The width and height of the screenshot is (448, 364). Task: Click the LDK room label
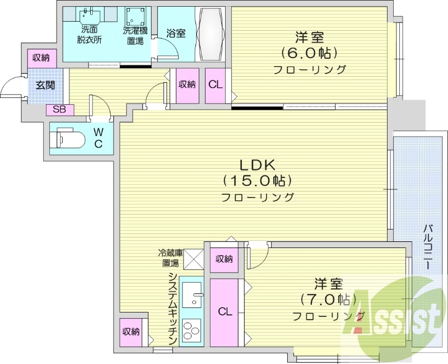[x=257, y=166]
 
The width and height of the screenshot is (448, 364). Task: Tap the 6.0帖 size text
[x=309, y=54]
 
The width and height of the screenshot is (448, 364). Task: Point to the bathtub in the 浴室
[x=211, y=35]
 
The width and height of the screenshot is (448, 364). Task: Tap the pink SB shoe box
[x=59, y=110]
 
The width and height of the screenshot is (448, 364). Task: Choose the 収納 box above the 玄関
[x=41, y=58]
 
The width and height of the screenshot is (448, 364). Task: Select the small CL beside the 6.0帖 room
[x=216, y=85]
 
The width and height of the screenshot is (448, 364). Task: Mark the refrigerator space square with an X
[x=194, y=259]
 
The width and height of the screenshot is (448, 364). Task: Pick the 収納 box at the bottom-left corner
[x=131, y=332]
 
